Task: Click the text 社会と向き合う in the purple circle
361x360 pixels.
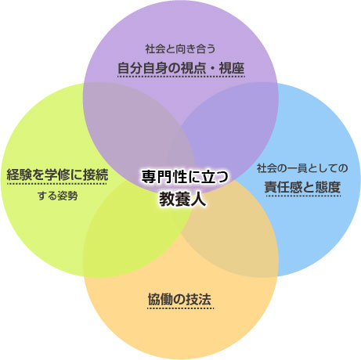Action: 180,49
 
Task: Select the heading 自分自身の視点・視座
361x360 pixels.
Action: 181,68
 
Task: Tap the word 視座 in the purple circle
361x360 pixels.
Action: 232,68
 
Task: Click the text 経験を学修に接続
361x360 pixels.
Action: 57,175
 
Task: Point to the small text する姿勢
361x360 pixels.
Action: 57,196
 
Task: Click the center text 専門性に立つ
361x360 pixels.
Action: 185,177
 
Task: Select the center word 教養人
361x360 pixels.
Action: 182,200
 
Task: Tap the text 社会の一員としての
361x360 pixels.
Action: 302,168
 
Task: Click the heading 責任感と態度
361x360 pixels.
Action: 302,187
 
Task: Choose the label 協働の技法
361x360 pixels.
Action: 179,299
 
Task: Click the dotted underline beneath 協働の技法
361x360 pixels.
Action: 180,308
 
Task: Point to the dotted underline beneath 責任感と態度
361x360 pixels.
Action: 303,196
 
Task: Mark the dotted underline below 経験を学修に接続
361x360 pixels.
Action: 57,184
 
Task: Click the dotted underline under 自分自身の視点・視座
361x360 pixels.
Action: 181,77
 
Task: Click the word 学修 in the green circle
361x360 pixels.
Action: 57,175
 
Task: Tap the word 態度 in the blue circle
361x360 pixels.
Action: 328,187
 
